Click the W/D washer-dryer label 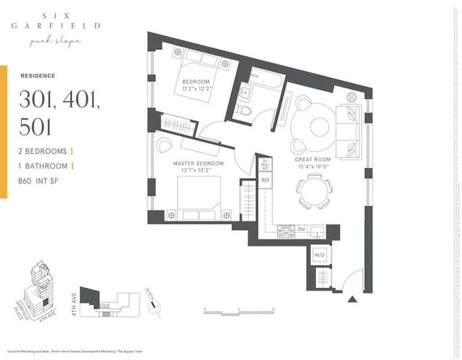tap(319, 255)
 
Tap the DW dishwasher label tap(301, 230)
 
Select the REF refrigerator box tap(265, 180)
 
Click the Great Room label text tap(312, 160)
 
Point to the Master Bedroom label tap(198, 164)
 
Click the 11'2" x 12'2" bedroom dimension tap(196, 88)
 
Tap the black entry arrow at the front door tap(352, 299)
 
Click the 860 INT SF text tap(39, 181)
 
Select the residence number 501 tap(36, 127)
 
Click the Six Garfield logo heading tap(56, 21)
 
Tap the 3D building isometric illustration tap(40, 288)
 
